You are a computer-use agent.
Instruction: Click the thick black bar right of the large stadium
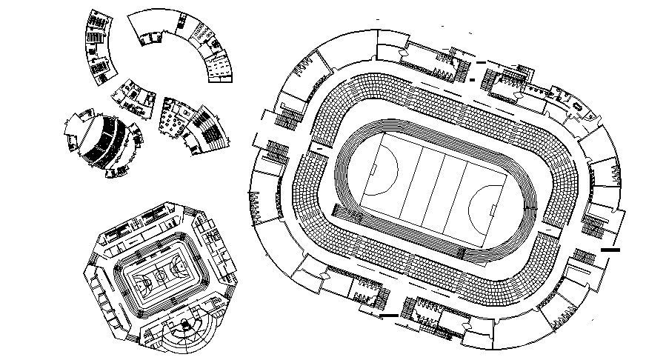[x=610, y=250]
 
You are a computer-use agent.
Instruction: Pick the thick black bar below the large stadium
[x=388, y=317]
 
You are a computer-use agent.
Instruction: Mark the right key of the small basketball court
[x=178, y=268]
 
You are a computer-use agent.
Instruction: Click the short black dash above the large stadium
[x=481, y=61]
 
